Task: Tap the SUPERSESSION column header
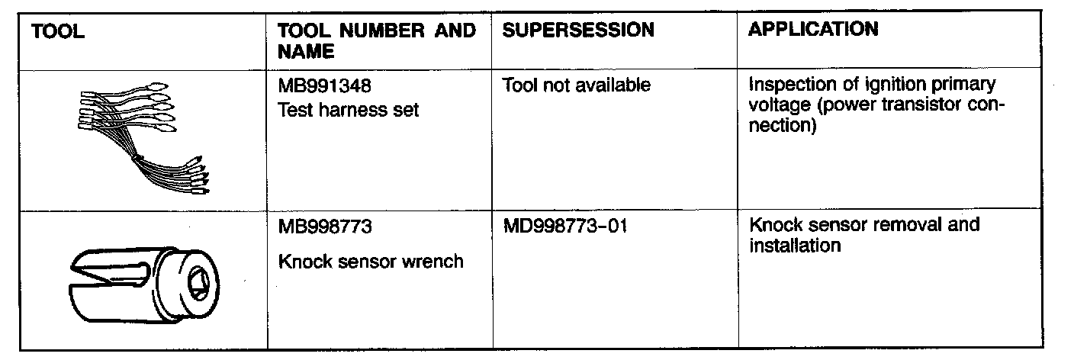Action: pyautogui.click(x=578, y=31)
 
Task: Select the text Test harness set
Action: pyautogui.click(x=349, y=111)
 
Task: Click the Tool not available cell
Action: pyautogui.click(x=577, y=85)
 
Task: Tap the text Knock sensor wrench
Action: pyautogui.click(x=371, y=262)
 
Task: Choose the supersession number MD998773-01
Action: pyautogui.click(x=565, y=227)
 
